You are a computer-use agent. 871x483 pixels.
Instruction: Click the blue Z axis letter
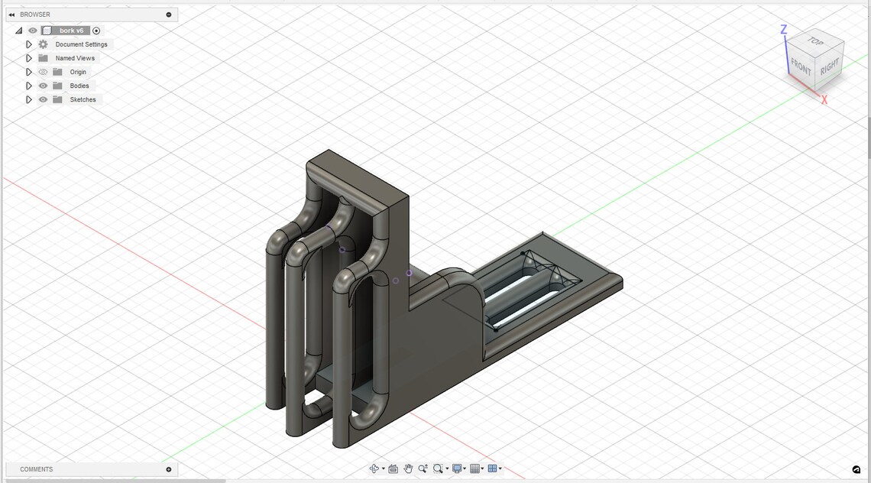point(784,30)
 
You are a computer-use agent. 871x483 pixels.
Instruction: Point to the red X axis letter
point(824,100)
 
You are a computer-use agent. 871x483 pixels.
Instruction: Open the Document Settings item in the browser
point(81,44)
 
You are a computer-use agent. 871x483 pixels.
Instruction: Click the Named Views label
point(75,58)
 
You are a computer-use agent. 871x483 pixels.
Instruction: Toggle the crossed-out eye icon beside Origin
point(43,72)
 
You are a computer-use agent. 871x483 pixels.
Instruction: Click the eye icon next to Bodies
point(43,86)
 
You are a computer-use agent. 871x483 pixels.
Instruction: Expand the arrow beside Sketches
point(29,99)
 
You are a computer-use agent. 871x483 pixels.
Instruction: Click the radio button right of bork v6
point(96,31)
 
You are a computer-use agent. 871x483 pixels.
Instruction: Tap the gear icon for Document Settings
point(43,44)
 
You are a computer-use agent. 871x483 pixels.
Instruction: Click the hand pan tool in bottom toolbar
point(409,468)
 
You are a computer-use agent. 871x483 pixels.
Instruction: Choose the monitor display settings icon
point(457,468)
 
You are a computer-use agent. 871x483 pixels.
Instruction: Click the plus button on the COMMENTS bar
point(169,469)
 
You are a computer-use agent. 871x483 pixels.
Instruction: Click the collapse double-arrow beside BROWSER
point(11,15)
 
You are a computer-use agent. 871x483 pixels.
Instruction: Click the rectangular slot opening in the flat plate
point(527,290)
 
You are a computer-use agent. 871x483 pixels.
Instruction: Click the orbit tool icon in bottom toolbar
point(374,468)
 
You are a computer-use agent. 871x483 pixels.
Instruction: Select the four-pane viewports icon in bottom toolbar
point(493,468)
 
